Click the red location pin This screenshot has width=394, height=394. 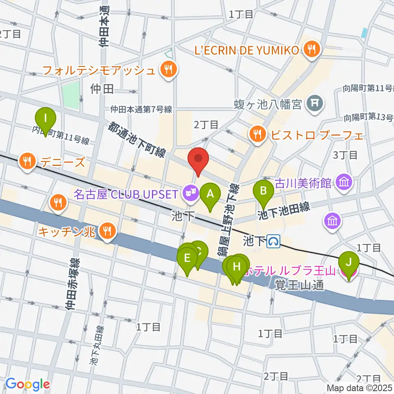[198, 159]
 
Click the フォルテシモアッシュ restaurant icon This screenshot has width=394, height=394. [168, 70]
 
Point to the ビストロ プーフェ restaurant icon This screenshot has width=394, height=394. [257, 134]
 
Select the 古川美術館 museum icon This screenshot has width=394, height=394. [344, 181]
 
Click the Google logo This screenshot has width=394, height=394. [27, 384]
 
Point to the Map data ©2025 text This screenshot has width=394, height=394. [359, 387]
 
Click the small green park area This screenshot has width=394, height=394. [71, 94]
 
